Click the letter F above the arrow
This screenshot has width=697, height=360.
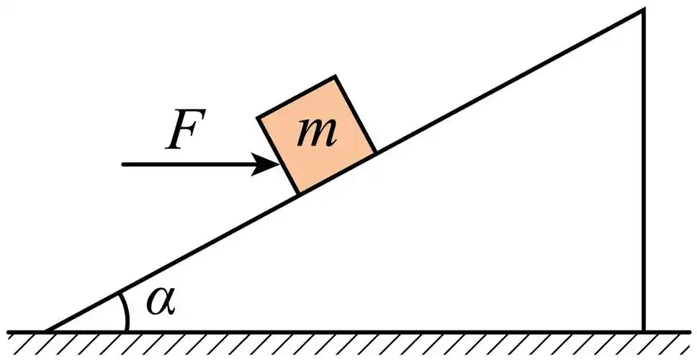point(185,130)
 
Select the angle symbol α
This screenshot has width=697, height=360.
point(161,302)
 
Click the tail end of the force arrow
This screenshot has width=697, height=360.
point(124,164)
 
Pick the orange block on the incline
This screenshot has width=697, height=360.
point(317,135)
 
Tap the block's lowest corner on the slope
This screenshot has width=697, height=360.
point(299,193)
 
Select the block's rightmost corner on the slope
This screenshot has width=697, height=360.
point(375,152)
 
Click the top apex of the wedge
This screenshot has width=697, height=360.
point(642,10)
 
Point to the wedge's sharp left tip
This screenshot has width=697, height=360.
point(46,330)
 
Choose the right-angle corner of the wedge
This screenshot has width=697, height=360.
point(642,330)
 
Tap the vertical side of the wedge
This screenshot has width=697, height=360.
point(642,173)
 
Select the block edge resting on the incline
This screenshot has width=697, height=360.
point(337,173)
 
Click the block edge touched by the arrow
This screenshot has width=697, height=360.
point(279,156)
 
